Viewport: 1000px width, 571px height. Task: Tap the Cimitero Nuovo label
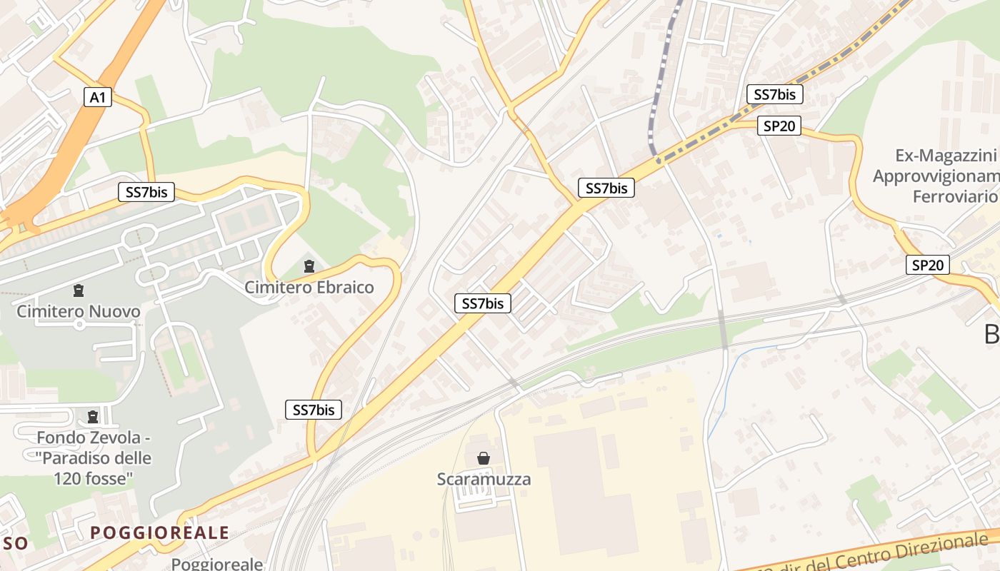[79, 311]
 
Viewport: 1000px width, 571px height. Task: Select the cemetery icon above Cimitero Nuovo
[78, 290]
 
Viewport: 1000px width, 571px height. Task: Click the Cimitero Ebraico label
[309, 288]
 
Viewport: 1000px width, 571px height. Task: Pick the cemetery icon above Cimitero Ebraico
[309, 267]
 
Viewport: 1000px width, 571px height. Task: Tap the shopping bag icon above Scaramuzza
[484, 458]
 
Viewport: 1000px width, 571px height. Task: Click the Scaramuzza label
[484, 479]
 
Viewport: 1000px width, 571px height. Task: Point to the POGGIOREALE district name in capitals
[160, 532]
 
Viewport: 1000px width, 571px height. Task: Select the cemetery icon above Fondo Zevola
[92, 416]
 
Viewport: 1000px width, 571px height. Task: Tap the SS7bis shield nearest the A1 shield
[146, 191]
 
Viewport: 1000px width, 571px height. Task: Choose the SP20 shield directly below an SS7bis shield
[779, 126]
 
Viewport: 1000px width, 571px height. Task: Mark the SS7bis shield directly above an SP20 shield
[775, 94]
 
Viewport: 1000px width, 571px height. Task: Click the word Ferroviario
[954, 196]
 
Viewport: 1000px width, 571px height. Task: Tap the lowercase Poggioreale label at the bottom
[217, 564]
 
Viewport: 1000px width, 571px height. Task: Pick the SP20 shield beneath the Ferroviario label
[928, 265]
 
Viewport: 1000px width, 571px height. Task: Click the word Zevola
[116, 438]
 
